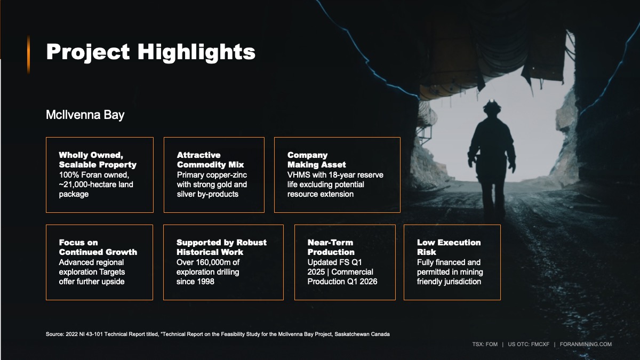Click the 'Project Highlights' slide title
(150, 52)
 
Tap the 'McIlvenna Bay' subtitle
(85, 115)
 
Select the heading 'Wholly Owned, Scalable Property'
(98, 159)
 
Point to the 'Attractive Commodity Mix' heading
(210, 159)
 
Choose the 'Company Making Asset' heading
(317, 159)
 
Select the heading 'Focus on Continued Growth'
(98, 247)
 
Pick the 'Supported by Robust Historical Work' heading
(221, 247)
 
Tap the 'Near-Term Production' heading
(331, 247)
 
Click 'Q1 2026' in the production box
(362, 282)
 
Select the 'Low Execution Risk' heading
(449, 247)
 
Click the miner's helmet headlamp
(491, 101)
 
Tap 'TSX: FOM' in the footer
(485, 345)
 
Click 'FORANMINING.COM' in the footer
(586, 345)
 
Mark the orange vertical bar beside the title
(29, 54)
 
